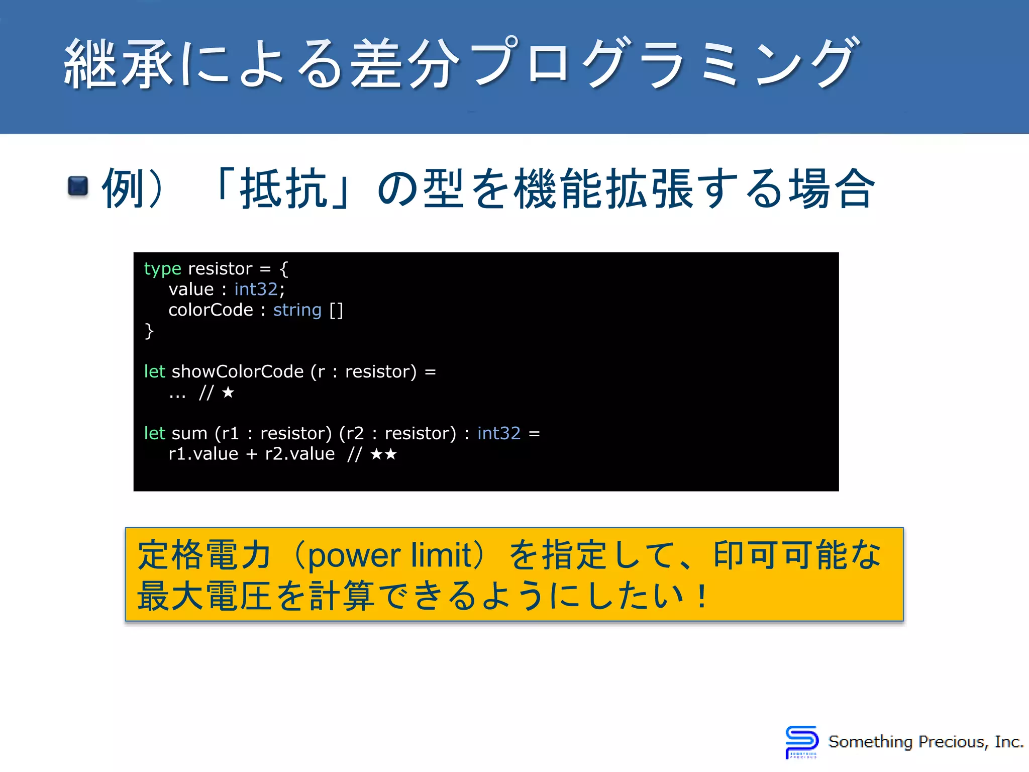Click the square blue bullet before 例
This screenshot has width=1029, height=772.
[x=78, y=186]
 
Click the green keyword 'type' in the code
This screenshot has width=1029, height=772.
[x=162, y=269]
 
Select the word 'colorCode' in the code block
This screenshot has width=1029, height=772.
[x=211, y=310]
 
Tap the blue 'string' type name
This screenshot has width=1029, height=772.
[x=297, y=310]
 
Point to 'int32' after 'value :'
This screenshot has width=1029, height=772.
[x=256, y=289]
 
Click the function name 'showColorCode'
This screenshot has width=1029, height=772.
[x=238, y=372]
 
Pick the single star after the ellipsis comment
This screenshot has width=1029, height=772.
[x=228, y=393]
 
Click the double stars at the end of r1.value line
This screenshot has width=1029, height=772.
[x=383, y=454]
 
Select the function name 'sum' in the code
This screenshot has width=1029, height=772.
[x=189, y=434]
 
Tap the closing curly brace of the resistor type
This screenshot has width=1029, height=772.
[x=149, y=331]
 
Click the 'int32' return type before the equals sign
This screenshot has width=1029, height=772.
[x=498, y=434]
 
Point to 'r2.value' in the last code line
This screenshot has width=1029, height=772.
[x=299, y=454]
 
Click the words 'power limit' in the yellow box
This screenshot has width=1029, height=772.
[x=389, y=555]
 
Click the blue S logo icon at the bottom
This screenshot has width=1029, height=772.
[x=801, y=741]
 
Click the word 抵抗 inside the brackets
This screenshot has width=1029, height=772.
[x=284, y=188]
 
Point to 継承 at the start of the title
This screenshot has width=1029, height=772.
[x=119, y=64]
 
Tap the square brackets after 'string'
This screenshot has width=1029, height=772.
[x=336, y=311]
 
